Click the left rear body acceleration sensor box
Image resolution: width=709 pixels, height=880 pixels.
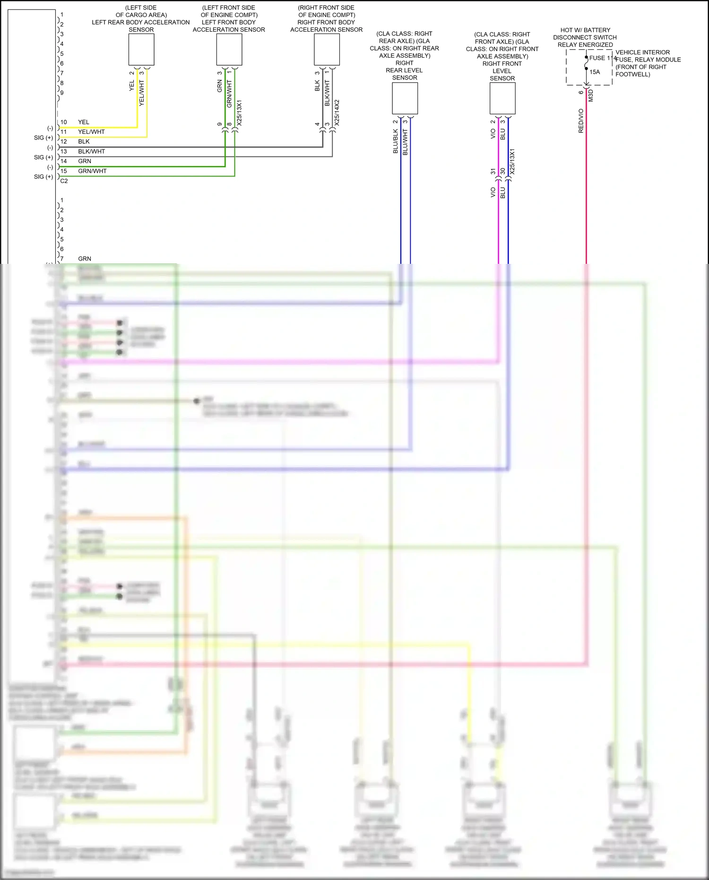click(141, 50)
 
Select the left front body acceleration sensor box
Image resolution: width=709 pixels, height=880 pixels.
click(229, 50)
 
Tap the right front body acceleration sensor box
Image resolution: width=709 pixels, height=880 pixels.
click(327, 50)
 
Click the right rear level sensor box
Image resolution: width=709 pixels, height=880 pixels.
click(405, 98)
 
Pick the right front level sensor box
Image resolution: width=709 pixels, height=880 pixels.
click(502, 98)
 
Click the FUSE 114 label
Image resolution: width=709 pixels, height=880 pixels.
click(603, 58)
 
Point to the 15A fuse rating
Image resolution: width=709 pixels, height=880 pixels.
click(595, 72)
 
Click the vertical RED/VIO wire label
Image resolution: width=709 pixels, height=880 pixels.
click(581, 121)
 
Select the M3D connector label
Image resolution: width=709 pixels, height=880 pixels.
click(591, 96)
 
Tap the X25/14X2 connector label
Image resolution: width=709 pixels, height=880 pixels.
click(337, 112)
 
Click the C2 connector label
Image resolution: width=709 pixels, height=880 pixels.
click(64, 181)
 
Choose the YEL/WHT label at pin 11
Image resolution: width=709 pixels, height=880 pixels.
click(91, 132)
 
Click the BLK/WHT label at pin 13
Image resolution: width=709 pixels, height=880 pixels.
click(91, 151)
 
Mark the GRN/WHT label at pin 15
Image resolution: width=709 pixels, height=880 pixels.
click(92, 171)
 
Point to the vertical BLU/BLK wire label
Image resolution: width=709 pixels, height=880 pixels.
click(396, 141)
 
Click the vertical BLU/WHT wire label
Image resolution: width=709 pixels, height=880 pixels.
click(405, 142)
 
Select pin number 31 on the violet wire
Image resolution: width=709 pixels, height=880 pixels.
click(493, 171)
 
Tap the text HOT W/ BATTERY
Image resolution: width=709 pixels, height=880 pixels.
click(585, 30)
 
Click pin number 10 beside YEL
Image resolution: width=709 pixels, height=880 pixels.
click(64, 122)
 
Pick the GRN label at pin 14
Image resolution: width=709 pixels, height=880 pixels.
click(85, 161)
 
